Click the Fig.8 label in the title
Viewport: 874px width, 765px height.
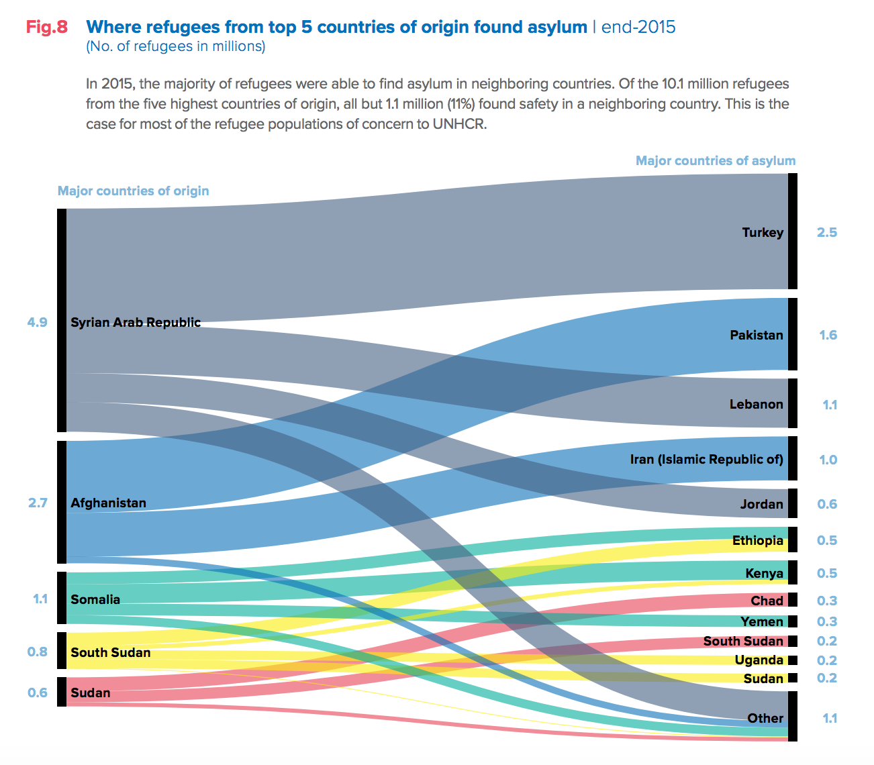[47, 28]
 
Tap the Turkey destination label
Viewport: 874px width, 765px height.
[763, 233]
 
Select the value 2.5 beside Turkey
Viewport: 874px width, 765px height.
[827, 233]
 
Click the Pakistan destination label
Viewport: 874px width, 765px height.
[757, 336]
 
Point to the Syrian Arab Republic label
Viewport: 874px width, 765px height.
[136, 323]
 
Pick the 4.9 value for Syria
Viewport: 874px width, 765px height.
[38, 323]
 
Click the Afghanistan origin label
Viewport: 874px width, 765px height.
[108, 503]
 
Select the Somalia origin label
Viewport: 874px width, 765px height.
[95, 600]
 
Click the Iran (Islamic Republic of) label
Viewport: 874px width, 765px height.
[707, 460]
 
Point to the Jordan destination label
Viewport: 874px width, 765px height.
[762, 505]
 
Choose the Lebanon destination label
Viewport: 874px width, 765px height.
[757, 405]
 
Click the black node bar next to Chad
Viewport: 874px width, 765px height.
[793, 600]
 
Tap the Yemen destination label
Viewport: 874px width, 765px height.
[762, 622]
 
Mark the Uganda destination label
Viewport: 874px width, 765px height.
[759, 660]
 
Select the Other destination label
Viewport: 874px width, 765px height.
[765, 719]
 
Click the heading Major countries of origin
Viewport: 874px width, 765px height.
[133, 191]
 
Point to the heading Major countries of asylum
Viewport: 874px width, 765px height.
[716, 161]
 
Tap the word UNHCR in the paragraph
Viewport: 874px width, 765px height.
[458, 125]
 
